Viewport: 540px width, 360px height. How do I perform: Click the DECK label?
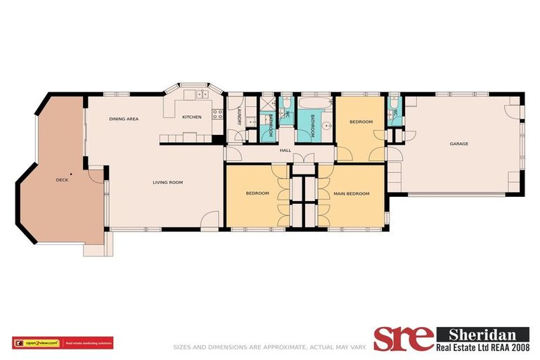[x=62, y=180]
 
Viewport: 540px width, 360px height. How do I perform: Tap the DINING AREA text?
[x=123, y=119]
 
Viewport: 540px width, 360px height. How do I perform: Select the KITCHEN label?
[x=192, y=117]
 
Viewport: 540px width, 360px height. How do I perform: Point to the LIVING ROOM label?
[x=168, y=183]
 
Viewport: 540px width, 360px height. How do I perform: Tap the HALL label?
[x=285, y=150]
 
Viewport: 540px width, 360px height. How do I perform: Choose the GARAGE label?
[x=459, y=144]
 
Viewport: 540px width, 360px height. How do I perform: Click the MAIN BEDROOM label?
[x=351, y=193]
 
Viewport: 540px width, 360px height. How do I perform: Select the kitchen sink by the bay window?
[x=202, y=94]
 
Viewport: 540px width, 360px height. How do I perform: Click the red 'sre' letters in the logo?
[x=403, y=338]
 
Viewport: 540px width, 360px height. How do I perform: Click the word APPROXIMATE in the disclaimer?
[x=263, y=346]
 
